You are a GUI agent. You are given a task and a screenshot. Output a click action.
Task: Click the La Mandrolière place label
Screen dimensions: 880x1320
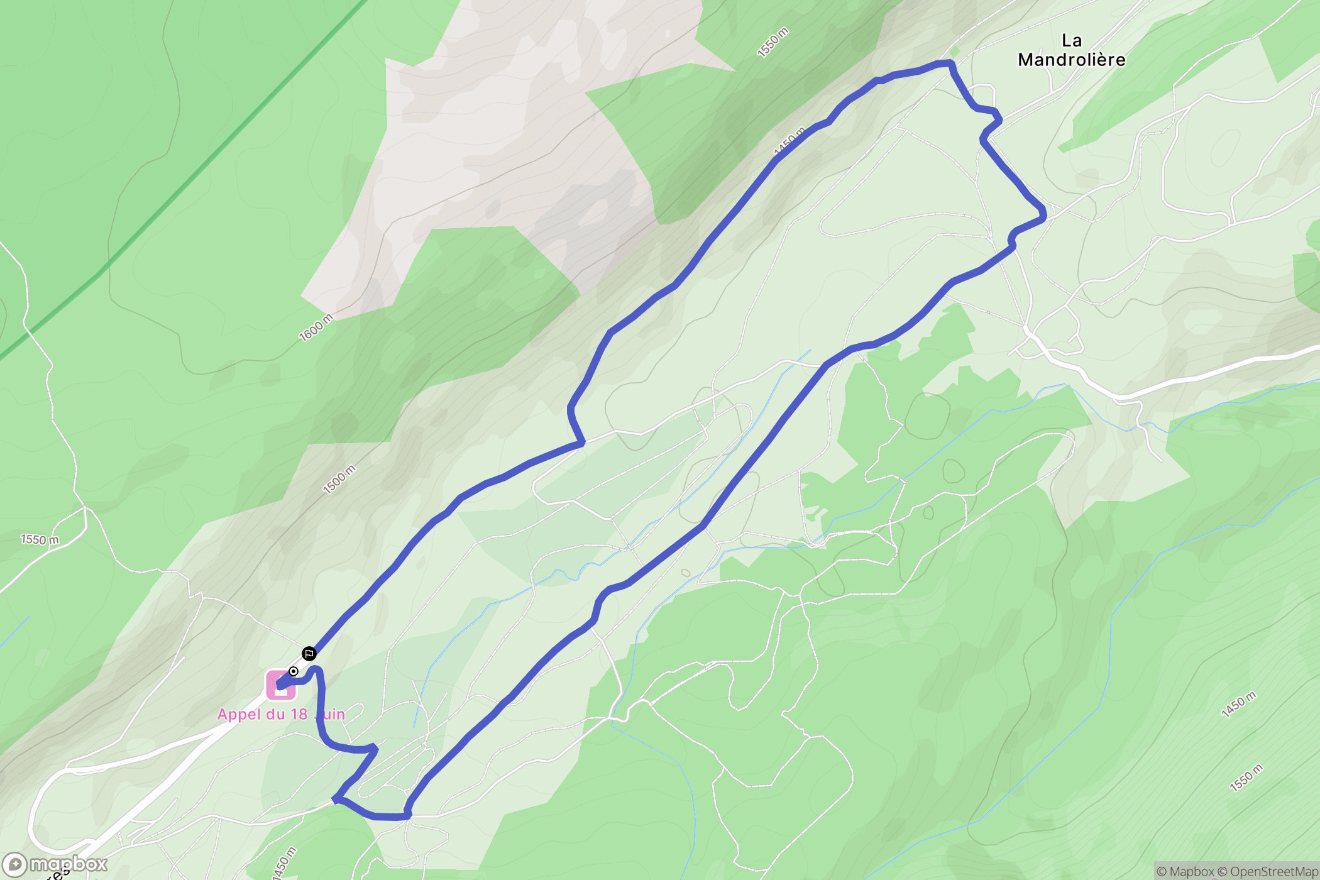click(1072, 50)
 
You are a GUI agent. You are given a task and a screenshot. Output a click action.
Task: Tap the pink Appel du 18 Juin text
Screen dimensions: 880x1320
click(281, 714)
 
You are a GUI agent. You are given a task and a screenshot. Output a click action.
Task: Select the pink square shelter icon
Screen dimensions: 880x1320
click(280, 685)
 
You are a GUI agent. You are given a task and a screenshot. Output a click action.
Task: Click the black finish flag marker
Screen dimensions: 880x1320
click(309, 654)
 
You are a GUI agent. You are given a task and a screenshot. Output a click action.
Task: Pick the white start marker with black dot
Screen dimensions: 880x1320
click(294, 671)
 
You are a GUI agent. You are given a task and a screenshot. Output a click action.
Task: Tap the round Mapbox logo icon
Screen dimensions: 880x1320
click(14, 865)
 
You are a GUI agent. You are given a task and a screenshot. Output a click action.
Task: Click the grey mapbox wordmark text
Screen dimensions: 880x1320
click(69, 864)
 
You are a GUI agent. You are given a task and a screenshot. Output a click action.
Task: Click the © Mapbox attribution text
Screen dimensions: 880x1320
click(1185, 871)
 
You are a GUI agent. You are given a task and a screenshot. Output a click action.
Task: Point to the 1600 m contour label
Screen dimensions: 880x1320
click(316, 327)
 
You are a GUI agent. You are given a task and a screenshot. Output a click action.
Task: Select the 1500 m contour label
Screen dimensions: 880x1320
click(339, 480)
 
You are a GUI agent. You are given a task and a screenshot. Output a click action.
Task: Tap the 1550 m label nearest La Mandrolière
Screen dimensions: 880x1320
click(773, 43)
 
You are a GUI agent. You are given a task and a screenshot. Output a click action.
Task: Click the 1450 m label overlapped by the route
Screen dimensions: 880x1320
click(789, 141)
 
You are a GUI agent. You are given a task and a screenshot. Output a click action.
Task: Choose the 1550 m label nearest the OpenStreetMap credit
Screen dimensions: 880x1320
click(1246, 778)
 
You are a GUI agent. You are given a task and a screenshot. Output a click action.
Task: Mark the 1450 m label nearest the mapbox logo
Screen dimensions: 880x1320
click(284, 863)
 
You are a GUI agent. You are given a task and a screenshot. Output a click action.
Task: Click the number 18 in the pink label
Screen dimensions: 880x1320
click(299, 714)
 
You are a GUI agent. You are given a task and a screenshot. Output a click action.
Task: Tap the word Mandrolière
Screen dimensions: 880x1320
click(1072, 60)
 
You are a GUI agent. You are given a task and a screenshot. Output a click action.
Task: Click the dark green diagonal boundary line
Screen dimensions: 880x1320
click(189, 189)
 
